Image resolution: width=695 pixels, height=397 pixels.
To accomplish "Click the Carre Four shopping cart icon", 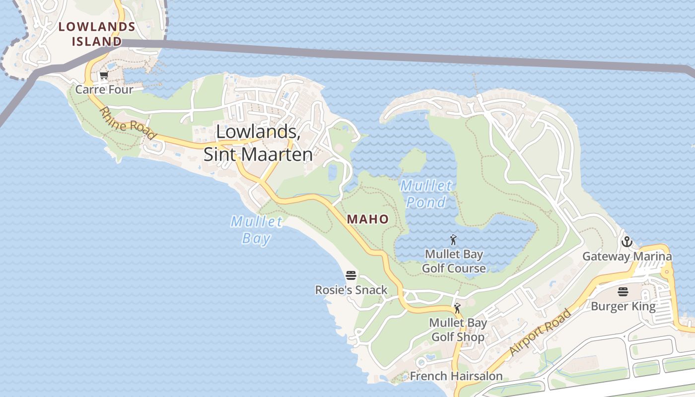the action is (104, 76).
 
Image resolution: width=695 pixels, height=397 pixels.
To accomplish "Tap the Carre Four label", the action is (104, 90).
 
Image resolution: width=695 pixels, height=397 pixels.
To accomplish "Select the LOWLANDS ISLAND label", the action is (97, 34).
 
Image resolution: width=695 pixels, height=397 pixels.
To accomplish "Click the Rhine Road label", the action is (129, 124).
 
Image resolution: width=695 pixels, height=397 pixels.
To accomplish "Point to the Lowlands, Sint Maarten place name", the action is (258, 143).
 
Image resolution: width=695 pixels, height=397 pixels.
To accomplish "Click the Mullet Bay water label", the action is (257, 230).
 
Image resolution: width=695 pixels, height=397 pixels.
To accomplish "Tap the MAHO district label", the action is (368, 219).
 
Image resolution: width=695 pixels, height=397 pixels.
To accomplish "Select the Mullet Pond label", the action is (426, 194).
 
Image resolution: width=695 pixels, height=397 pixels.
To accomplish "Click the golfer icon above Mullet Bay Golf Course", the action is (453, 241).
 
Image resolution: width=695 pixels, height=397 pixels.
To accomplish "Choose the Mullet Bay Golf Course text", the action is (454, 262).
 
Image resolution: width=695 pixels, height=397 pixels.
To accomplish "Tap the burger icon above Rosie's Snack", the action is (351, 275).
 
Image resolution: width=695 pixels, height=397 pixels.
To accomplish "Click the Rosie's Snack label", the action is (351, 290).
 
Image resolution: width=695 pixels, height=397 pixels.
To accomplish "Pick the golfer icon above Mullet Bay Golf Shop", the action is (457, 308).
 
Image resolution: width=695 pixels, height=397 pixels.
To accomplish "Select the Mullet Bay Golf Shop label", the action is (458, 330).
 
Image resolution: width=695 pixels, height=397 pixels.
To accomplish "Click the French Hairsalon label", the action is (456, 376).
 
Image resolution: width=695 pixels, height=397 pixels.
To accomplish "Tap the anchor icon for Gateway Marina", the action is (627, 242).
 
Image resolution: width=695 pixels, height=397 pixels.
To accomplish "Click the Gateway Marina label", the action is (627, 257).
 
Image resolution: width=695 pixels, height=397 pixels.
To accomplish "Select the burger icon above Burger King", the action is (623, 292).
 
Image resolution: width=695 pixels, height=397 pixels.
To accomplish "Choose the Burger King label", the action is (623, 306).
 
